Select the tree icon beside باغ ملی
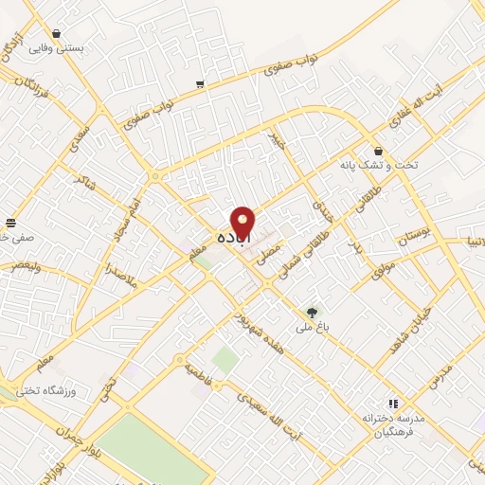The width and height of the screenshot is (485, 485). (x=313, y=312)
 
